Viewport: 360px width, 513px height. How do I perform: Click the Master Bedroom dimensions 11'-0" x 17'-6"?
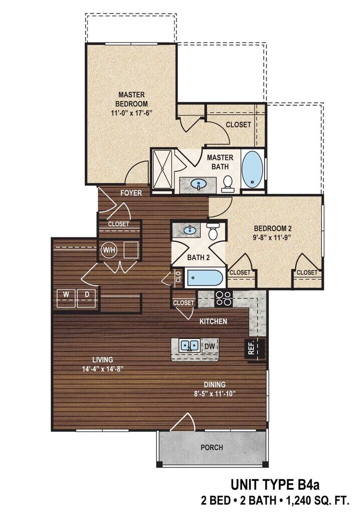[131, 113]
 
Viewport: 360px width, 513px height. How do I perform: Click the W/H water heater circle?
[108, 249]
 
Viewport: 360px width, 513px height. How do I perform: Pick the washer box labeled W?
[66, 295]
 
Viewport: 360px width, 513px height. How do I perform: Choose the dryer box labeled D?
[86, 295]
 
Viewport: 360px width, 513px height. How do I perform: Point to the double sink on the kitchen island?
[189, 345]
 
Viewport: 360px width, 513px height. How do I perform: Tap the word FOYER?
[131, 193]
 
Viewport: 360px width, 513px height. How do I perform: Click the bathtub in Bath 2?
[205, 278]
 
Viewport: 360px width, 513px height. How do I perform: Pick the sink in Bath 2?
[190, 231]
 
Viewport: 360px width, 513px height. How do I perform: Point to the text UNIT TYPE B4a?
[275, 485]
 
